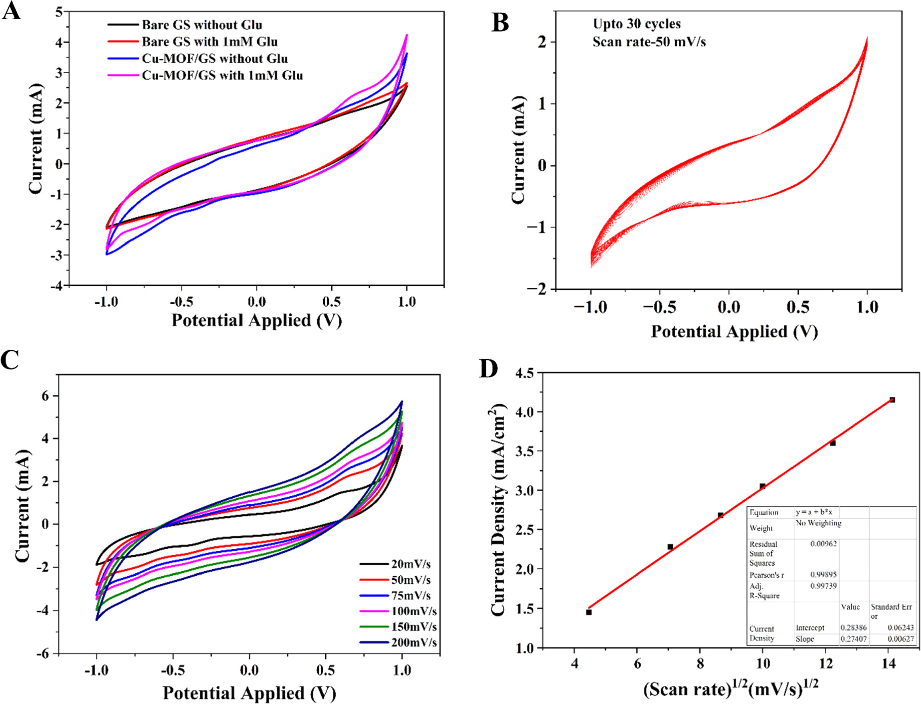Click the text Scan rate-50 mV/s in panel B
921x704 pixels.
649,42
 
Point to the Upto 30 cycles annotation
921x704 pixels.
637,24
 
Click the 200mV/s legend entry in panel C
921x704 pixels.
413,643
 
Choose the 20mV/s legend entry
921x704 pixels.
410,564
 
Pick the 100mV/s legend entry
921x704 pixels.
413,611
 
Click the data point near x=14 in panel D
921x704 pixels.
892,400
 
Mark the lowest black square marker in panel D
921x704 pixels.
589,612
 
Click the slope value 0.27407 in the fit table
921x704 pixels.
854,639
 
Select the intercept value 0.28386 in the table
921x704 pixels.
854,627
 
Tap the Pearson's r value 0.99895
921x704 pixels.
823,575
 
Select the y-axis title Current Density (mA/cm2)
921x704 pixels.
499,509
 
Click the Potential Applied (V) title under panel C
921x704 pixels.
249,693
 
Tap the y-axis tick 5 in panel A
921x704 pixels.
59,12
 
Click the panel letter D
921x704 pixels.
488,369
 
